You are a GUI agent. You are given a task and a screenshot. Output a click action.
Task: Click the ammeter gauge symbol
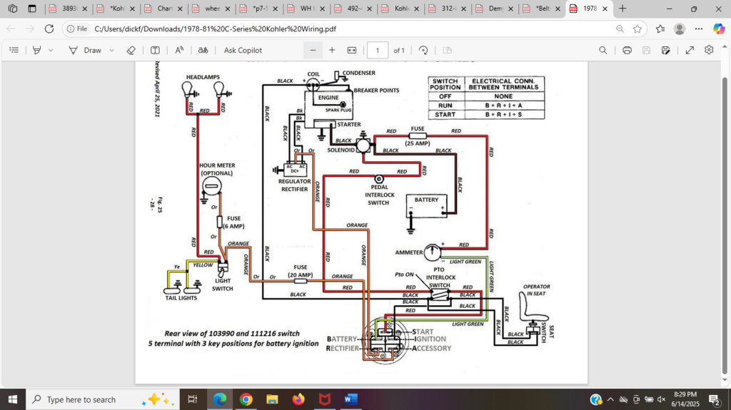433,252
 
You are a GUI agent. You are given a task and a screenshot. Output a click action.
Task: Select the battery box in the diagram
426,207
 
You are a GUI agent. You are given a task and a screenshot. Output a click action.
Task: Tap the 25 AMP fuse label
418,143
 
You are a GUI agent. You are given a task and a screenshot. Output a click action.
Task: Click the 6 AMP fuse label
233,222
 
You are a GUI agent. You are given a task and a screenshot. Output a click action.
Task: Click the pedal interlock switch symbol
378,179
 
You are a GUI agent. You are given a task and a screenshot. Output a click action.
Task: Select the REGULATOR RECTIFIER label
293,185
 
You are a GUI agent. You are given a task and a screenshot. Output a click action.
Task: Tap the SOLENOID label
341,150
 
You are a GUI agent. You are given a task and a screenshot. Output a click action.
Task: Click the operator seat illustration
532,310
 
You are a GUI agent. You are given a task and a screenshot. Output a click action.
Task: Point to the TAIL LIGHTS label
181,298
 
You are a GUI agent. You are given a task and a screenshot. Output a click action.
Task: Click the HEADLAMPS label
203,76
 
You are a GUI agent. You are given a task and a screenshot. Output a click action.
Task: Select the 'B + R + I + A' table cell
503,105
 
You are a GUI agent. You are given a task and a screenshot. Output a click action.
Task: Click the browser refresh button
49,29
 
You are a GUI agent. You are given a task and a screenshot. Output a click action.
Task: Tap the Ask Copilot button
243,51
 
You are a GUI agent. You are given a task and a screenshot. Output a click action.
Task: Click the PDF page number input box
377,51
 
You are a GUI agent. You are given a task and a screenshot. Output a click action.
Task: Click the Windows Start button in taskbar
12,399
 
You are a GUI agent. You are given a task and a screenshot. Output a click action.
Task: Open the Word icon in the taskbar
350,399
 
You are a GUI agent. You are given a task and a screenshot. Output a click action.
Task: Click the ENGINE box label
328,98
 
